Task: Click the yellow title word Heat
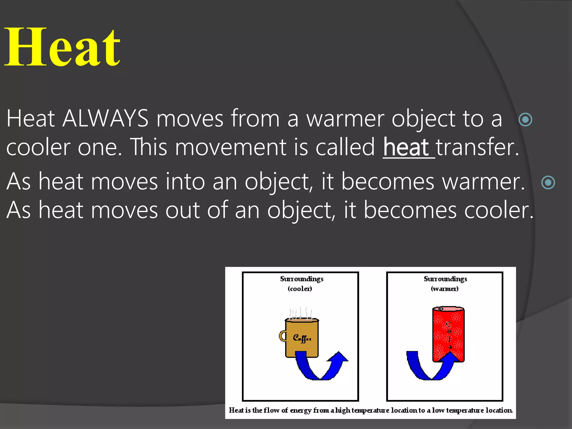click(x=63, y=47)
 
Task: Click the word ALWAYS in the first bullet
click(x=105, y=119)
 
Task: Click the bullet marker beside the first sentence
click(x=525, y=120)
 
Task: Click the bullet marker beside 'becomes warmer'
click(x=548, y=182)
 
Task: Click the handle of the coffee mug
click(x=282, y=336)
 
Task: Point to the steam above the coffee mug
click(x=301, y=313)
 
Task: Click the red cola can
click(x=448, y=332)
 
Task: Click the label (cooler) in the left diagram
click(x=300, y=289)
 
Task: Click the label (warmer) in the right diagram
click(x=445, y=289)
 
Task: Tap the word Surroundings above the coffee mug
click(x=302, y=279)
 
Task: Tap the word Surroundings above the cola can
click(x=445, y=279)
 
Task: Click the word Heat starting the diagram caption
click(x=236, y=410)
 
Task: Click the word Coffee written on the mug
click(x=302, y=339)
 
